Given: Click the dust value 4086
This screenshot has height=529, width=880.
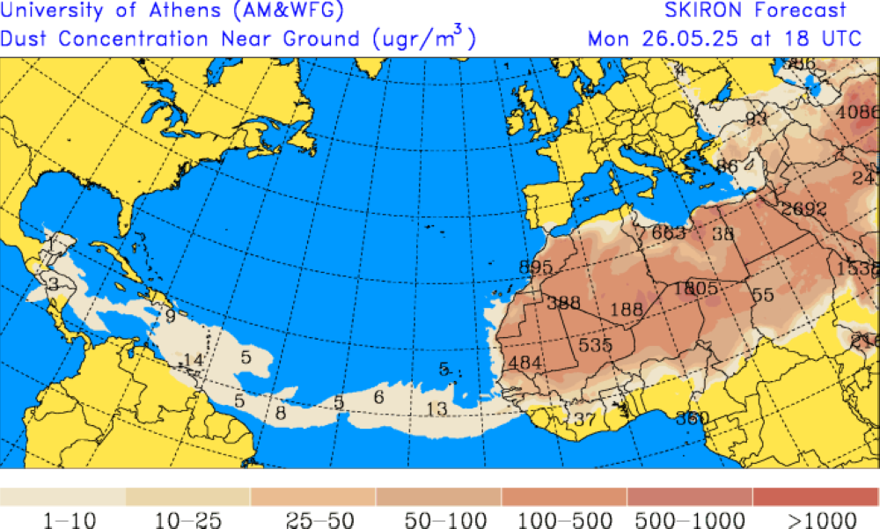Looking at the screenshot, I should [x=857, y=112].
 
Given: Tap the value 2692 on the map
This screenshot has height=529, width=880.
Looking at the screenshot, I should [x=803, y=209].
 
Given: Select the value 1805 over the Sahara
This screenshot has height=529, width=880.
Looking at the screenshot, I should [x=696, y=288].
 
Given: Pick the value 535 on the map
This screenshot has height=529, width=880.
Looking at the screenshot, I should [x=595, y=344].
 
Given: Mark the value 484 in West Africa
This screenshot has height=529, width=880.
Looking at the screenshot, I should [x=525, y=362].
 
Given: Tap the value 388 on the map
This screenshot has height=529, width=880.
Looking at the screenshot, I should [x=563, y=303].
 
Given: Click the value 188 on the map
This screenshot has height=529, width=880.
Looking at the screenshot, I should [x=626, y=309].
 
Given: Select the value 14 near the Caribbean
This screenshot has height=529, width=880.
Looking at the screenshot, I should [x=193, y=359].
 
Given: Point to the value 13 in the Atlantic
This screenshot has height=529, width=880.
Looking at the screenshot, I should [x=436, y=408].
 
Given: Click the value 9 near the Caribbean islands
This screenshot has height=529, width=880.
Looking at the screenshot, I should [x=170, y=314].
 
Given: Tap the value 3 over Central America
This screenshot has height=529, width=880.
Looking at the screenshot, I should [x=53, y=283].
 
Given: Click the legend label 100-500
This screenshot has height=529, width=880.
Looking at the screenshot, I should [x=562, y=519].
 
